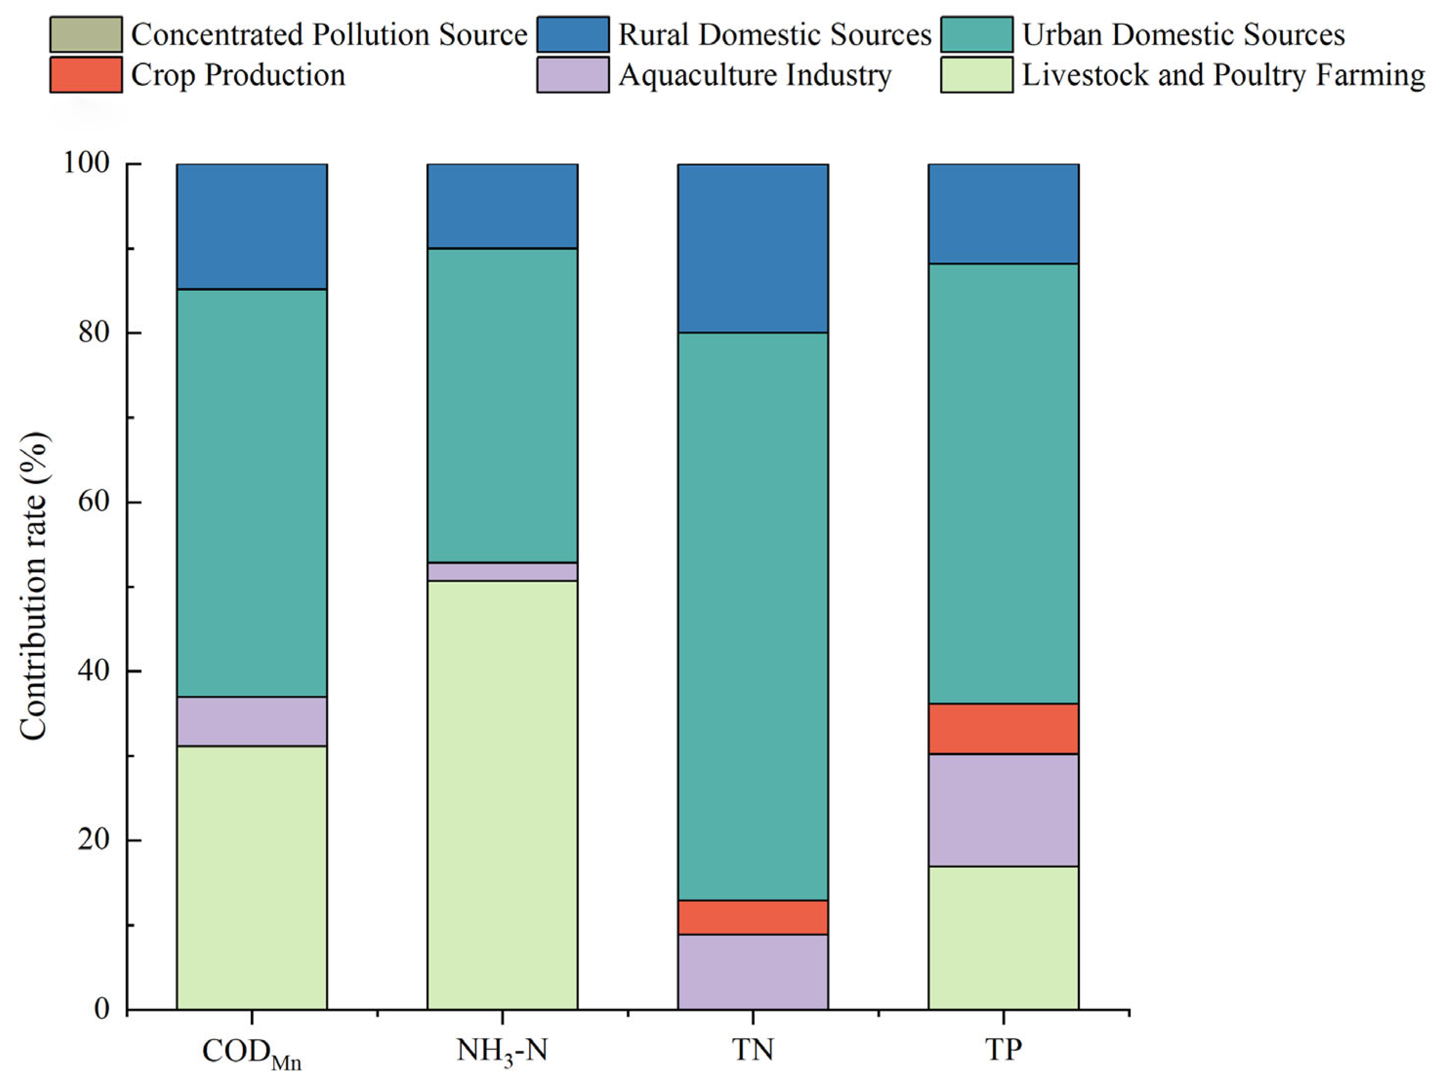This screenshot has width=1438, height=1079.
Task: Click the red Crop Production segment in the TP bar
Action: point(1003,728)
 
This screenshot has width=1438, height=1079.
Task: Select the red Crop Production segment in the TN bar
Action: point(753,917)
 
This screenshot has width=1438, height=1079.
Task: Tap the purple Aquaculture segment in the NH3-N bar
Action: point(502,571)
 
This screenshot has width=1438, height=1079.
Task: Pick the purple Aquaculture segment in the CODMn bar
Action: point(252,721)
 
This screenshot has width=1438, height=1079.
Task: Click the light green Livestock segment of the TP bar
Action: point(1003,937)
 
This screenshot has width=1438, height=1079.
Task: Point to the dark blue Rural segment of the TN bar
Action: point(753,248)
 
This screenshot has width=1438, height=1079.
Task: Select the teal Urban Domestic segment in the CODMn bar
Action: point(252,493)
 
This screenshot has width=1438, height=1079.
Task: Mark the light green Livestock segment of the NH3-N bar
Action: point(502,794)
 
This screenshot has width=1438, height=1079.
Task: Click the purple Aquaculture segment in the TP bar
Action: point(1003,810)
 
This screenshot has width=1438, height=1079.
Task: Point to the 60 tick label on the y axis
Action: point(94,503)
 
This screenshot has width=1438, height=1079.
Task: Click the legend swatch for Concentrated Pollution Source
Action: point(86,35)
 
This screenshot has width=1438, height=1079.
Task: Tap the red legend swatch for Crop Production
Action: point(86,75)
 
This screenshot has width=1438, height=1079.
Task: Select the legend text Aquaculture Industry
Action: point(755,75)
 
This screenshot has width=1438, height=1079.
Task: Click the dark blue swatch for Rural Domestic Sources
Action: point(573,35)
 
